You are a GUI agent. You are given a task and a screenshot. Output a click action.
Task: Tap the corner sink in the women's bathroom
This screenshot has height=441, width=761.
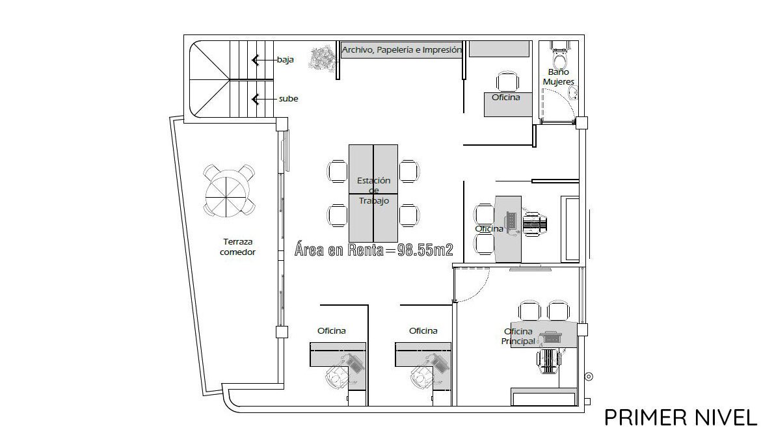coord(573,93)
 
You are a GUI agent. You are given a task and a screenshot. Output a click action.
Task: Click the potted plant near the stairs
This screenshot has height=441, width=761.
coord(324,59)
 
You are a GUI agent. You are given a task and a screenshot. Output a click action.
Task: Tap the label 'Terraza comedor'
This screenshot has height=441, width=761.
coord(238,247)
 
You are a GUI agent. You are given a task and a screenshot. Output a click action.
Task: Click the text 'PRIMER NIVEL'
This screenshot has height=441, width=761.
coord(680,417)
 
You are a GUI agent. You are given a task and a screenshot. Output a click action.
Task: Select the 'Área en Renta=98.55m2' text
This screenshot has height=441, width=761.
coord(374,250)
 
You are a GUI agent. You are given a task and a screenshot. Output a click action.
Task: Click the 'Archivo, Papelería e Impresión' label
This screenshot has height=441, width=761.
coord(401,49)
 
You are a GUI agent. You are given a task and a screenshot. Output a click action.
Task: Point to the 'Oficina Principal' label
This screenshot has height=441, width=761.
coord(518,336)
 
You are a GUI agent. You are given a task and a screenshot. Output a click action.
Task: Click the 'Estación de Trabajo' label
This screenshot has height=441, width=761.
coord(374,190)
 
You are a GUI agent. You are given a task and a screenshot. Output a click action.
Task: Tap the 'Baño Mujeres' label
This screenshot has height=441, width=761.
coord(559,77)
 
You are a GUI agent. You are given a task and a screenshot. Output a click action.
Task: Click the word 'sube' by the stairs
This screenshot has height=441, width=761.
coord(288,99)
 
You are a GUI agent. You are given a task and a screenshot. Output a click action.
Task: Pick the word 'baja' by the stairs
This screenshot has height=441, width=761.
coord(286,60)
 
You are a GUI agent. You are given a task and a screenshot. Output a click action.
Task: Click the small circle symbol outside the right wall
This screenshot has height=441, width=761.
coord(589,377)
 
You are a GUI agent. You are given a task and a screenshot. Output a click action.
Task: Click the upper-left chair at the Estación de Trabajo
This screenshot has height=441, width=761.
coord(338,171)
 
